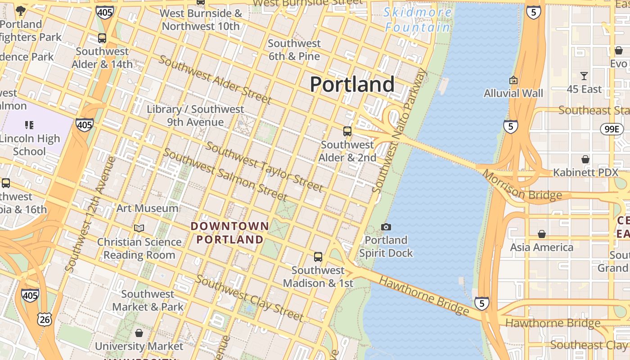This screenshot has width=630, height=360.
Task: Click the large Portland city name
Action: click(352, 85)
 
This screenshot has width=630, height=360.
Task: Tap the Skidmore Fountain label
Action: click(418, 20)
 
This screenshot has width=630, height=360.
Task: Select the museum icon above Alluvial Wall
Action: click(513, 81)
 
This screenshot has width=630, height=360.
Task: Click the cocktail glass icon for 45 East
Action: click(584, 76)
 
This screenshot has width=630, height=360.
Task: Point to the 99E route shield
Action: click(612, 129)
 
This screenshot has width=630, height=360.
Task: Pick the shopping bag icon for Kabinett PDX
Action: click(585, 159)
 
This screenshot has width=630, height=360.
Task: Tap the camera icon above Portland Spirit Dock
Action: click(386, 227)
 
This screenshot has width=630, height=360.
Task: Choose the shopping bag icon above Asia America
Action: click(542, 234)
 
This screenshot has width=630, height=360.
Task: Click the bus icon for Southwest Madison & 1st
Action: click(318, 257)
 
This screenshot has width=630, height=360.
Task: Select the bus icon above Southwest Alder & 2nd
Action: click(347, 131)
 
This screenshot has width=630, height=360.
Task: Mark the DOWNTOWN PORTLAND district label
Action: click(230, 233)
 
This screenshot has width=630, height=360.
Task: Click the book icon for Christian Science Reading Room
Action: click(139, 229)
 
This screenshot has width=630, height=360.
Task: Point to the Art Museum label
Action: click(147, 208)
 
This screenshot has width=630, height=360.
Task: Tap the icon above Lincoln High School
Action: click(29, 125)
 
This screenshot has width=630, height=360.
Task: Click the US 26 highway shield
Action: click(45, 319)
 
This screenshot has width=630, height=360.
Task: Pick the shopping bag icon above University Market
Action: click(139, 333)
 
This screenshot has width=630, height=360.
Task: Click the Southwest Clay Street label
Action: click(249, 298)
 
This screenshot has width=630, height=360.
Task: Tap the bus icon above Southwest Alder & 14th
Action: click(102, 38)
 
